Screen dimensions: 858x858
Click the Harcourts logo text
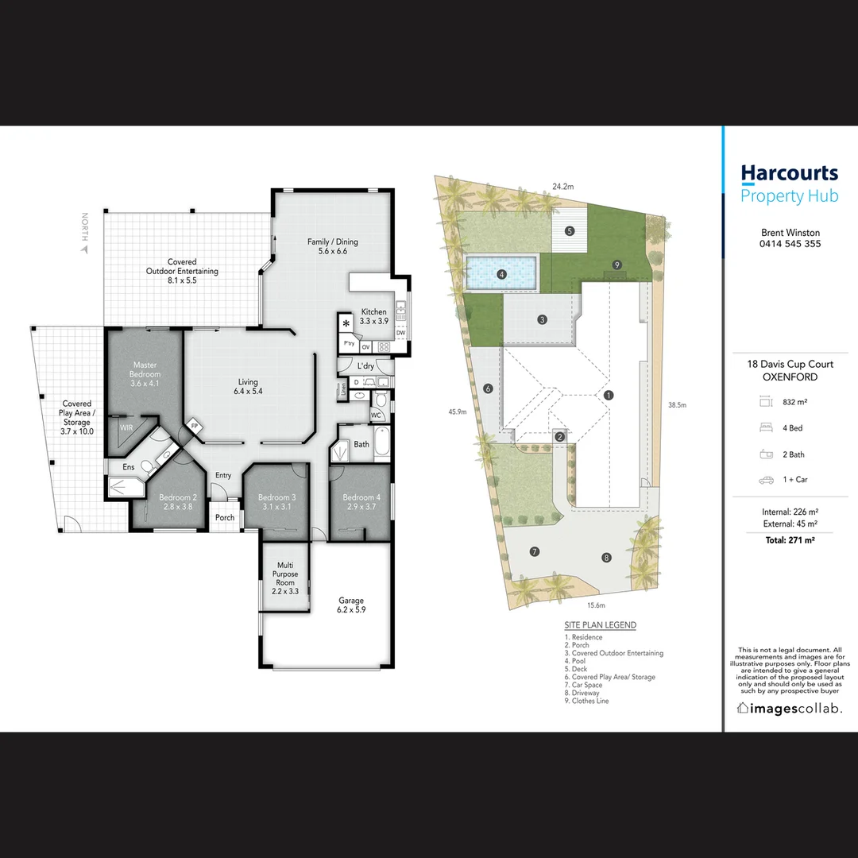click(789, 173)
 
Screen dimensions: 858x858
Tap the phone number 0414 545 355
click(790, 244)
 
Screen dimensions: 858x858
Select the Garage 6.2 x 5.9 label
click(350, 605)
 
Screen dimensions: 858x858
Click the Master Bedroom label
click(145, 374)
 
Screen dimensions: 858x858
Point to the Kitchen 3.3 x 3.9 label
click(374, 316)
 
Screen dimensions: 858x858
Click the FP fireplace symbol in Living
click(195, 427)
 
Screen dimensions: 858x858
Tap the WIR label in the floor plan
click(126, 427)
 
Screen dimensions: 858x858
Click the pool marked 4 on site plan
click(502, 275)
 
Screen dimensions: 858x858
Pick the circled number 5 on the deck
click(570, 231)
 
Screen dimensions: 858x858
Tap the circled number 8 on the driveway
click(607, 557)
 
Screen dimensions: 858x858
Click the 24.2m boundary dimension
click(563, 187)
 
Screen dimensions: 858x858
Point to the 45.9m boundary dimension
click(456, 412)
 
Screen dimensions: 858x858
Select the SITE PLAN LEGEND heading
click(600, 625)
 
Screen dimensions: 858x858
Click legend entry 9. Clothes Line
click(587, 701)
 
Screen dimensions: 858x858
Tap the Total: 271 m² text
click(790, 539)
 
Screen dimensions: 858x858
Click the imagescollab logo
click(790, 708)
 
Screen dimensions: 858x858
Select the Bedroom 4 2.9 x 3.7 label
click(361, 502)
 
